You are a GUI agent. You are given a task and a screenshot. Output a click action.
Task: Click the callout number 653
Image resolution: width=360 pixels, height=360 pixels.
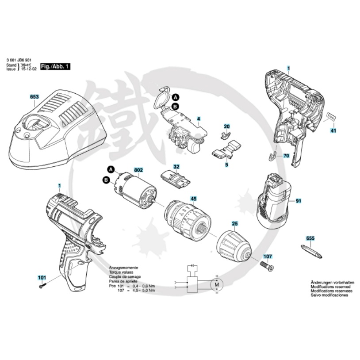point(34,96)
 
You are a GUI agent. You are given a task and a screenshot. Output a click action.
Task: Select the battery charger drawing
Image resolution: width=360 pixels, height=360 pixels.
point(60,128)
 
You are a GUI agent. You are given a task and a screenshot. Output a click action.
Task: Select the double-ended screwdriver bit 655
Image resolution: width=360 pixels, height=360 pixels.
point(311,252)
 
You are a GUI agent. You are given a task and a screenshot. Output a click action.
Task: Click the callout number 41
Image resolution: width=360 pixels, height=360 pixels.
point(333,131)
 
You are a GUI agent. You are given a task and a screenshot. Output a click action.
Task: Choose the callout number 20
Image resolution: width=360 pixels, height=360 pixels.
point(227,126)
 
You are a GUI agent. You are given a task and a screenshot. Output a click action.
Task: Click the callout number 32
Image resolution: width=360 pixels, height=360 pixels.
point(176,167)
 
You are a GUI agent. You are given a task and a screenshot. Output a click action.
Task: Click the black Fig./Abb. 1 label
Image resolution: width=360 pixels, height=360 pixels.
point(55,66)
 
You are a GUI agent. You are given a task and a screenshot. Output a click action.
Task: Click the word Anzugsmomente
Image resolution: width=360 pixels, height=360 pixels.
point(124,268)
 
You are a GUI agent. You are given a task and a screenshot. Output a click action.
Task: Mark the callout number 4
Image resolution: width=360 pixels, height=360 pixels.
point(199,119)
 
